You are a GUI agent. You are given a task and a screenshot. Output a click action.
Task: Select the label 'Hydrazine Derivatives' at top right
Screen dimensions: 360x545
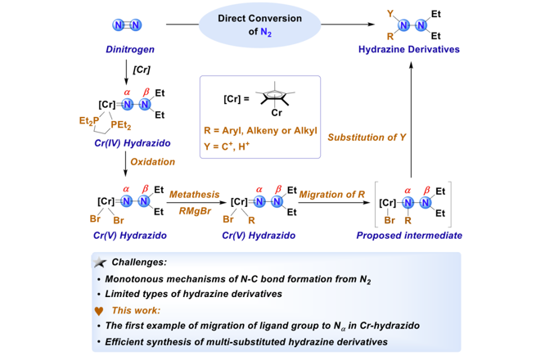(407, 50)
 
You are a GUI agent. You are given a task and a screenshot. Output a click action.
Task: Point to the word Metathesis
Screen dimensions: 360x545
(195, 193)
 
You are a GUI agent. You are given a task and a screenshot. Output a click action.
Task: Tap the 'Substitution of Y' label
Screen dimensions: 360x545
(366, 137)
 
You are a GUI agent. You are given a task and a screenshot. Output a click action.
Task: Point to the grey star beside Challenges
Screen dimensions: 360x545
(101, 262)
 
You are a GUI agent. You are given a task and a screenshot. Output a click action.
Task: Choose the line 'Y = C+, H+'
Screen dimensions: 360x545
(244, 146)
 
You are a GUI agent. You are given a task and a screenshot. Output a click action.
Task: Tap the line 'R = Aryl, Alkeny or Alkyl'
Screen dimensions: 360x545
(263, 131)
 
